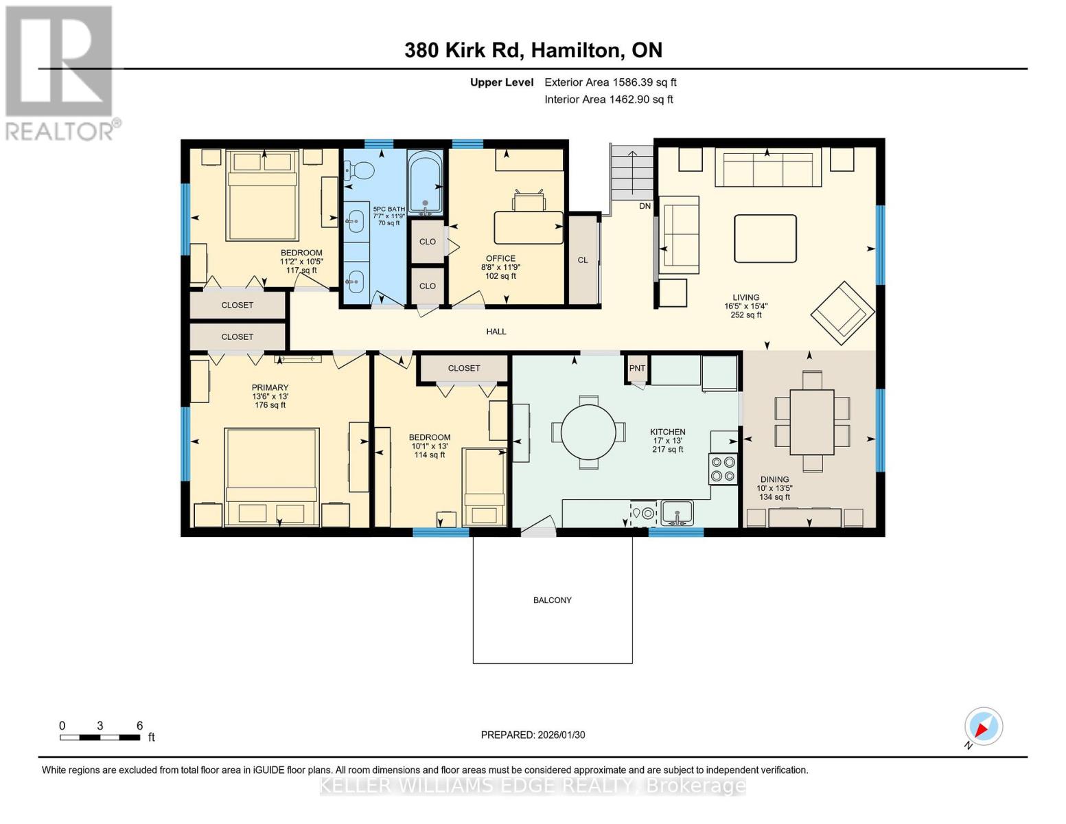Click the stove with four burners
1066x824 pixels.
click(723, 470)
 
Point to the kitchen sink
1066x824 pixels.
click(677, 512)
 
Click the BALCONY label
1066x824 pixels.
click(552, 600)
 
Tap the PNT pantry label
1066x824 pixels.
click(637, 368)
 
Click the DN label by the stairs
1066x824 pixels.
click(645, 206)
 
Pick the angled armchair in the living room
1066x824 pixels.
click(842, 312)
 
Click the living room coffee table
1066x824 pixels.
click(765, 238)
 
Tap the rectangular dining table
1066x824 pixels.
click(811, 422)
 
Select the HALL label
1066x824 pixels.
click(496, 332)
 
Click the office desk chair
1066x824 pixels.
click(529, 201)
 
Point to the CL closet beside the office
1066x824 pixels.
click(583, 260)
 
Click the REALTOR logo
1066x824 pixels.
click(60, 73)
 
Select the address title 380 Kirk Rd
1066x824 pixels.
click(533, 50)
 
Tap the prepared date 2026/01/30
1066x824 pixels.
click(533, 735)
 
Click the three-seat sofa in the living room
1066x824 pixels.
click(767, 168)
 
